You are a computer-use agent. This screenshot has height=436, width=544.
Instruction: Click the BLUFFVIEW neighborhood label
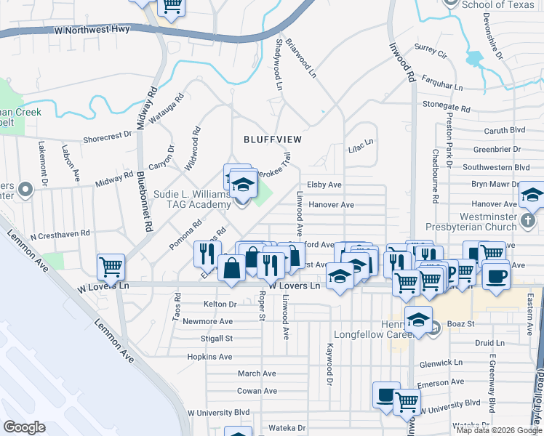tap(272, 138)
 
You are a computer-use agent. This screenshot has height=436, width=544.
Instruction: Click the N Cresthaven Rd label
tap(55, 233)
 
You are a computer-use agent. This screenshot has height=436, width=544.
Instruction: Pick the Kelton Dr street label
tap(220, 304)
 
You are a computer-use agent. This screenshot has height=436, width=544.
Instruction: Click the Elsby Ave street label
tap(324, 185)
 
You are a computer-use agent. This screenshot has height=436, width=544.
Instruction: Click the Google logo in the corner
tap(24, 427)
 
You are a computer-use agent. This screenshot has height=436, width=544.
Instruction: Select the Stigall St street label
tap(217, 339)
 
